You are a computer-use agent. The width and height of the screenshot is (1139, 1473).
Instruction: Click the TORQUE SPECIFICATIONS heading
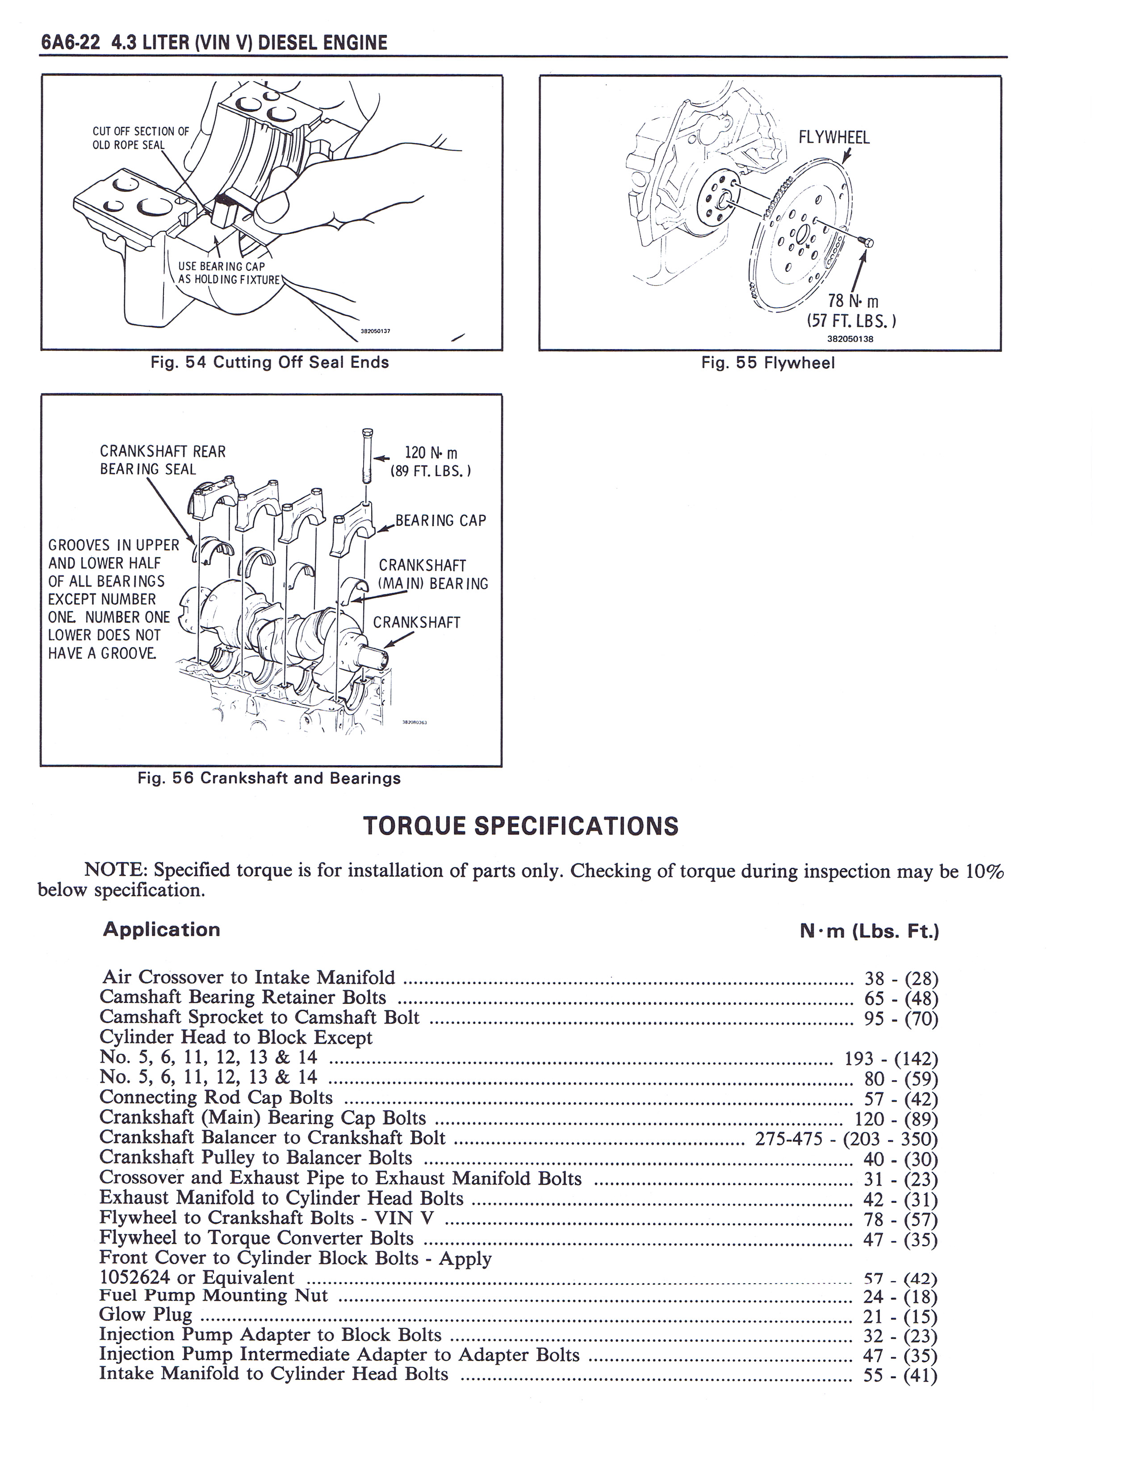(x=520, y=826)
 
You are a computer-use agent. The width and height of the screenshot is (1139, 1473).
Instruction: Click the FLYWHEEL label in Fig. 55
(x=834, y=137)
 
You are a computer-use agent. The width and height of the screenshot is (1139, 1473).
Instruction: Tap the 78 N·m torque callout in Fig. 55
(x=851, y=310)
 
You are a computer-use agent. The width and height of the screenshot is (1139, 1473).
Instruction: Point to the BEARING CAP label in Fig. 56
(x=440, y=520)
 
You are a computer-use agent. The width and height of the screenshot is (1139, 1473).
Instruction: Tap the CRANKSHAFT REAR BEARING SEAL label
(x=163, y=460)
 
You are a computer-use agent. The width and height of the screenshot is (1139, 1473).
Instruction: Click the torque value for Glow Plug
(x=900, y=1316)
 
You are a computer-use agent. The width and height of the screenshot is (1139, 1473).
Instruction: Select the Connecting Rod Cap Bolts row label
(x=216, y=1098)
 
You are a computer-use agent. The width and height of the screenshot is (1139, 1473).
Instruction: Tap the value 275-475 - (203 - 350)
(x=846, y=1139)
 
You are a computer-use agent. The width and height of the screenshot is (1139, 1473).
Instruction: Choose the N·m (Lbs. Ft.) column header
(x=869, y=932)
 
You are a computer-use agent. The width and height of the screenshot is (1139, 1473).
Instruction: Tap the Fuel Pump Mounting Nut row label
(x=213, y=1295)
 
